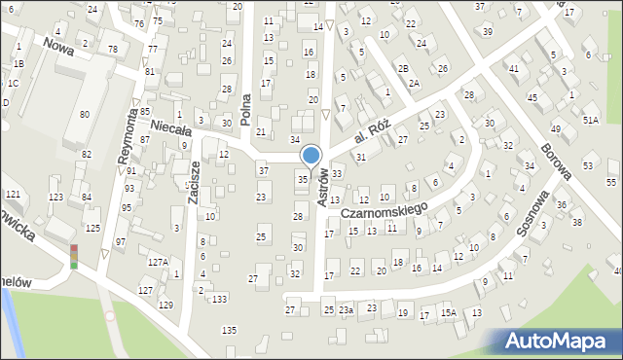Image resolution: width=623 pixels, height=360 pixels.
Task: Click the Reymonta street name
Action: coord(128,133)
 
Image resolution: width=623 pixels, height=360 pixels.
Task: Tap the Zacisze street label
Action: coord(194,182)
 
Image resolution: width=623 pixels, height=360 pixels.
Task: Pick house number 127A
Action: coord(158,262)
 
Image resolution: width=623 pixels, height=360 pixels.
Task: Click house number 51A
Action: coord(590,119)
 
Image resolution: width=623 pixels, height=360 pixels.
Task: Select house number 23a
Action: coord(346,309)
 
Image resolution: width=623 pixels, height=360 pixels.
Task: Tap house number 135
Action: coord(229,331)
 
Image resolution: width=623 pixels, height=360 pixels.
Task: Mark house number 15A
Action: coord(448,312)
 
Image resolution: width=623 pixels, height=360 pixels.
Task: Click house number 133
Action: coord(220,298)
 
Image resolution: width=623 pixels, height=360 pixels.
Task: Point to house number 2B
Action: coord(403,68)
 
